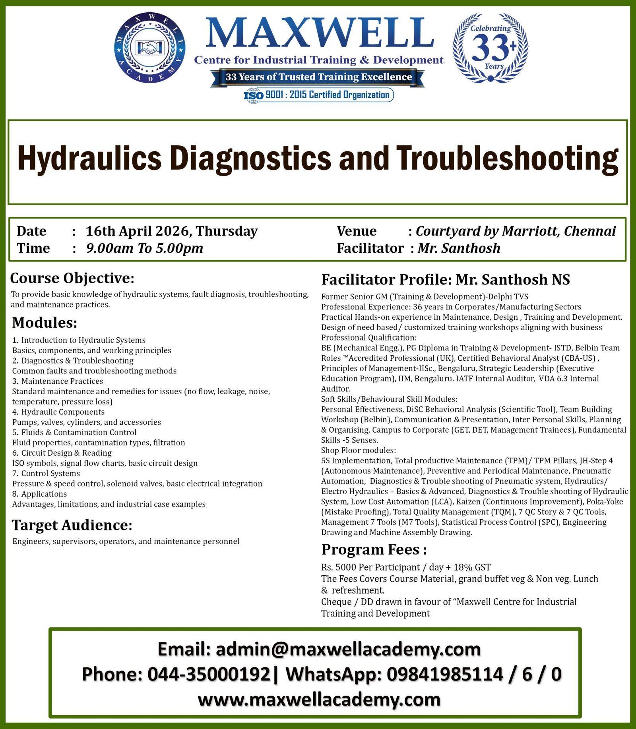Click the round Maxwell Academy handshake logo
(149, 48)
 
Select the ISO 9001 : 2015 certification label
(318, 95)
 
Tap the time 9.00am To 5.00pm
(145, 248)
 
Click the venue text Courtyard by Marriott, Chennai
(516, 231)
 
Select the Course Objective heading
(72, 278)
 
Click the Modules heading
(45, 323)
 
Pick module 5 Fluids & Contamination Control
(74, 432)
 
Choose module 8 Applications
(40, 494)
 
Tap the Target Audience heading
(72, 525)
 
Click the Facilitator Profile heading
(446, 280)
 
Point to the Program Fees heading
(374, 549)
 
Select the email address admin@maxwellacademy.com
(348, 650)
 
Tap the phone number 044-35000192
(209, 675)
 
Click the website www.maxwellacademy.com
(319, 700)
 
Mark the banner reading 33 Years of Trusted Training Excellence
(318, 77)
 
